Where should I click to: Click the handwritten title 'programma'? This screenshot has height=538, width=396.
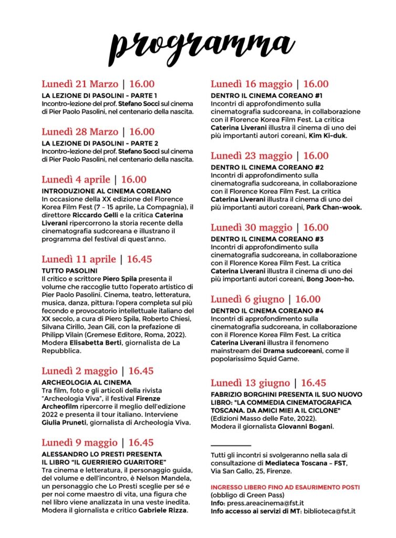(198, 45)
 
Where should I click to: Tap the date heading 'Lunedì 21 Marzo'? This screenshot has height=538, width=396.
(80, 84)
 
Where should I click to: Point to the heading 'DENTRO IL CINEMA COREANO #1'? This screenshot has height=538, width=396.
(267, 96)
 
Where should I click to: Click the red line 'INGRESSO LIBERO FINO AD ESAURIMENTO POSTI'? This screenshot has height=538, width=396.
(285, 488)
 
